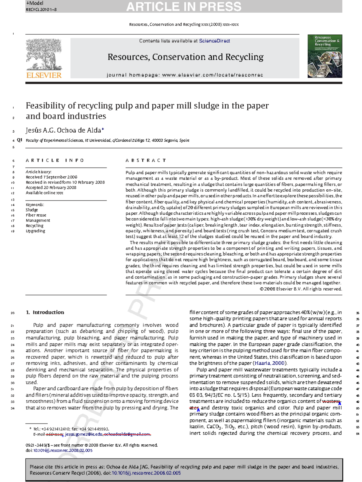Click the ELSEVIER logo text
click(x=44, y=75)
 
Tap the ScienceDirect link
click(x=214, y=41)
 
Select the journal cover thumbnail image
click(x=325, y=56)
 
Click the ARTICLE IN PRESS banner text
click(x=183, y=7)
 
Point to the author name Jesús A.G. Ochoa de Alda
click(x=63, y=130)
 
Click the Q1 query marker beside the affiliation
click(x=20, y=140)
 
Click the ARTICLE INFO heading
click(x=55, y=160)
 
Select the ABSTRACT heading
click(x=146, y=160)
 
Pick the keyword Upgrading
click(x=35, y=231)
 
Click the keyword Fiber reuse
click(x=36, y=215)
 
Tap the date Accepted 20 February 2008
click(x=51, y=187)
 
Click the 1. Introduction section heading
click(x=45, y=312)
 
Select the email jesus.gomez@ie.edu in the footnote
click(x=84, y=434)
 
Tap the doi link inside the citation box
click(x=146, y=473)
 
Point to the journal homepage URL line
click(x=185, y=75)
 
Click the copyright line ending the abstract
click(x=300, y=289)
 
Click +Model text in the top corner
click(x=34, y=3)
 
